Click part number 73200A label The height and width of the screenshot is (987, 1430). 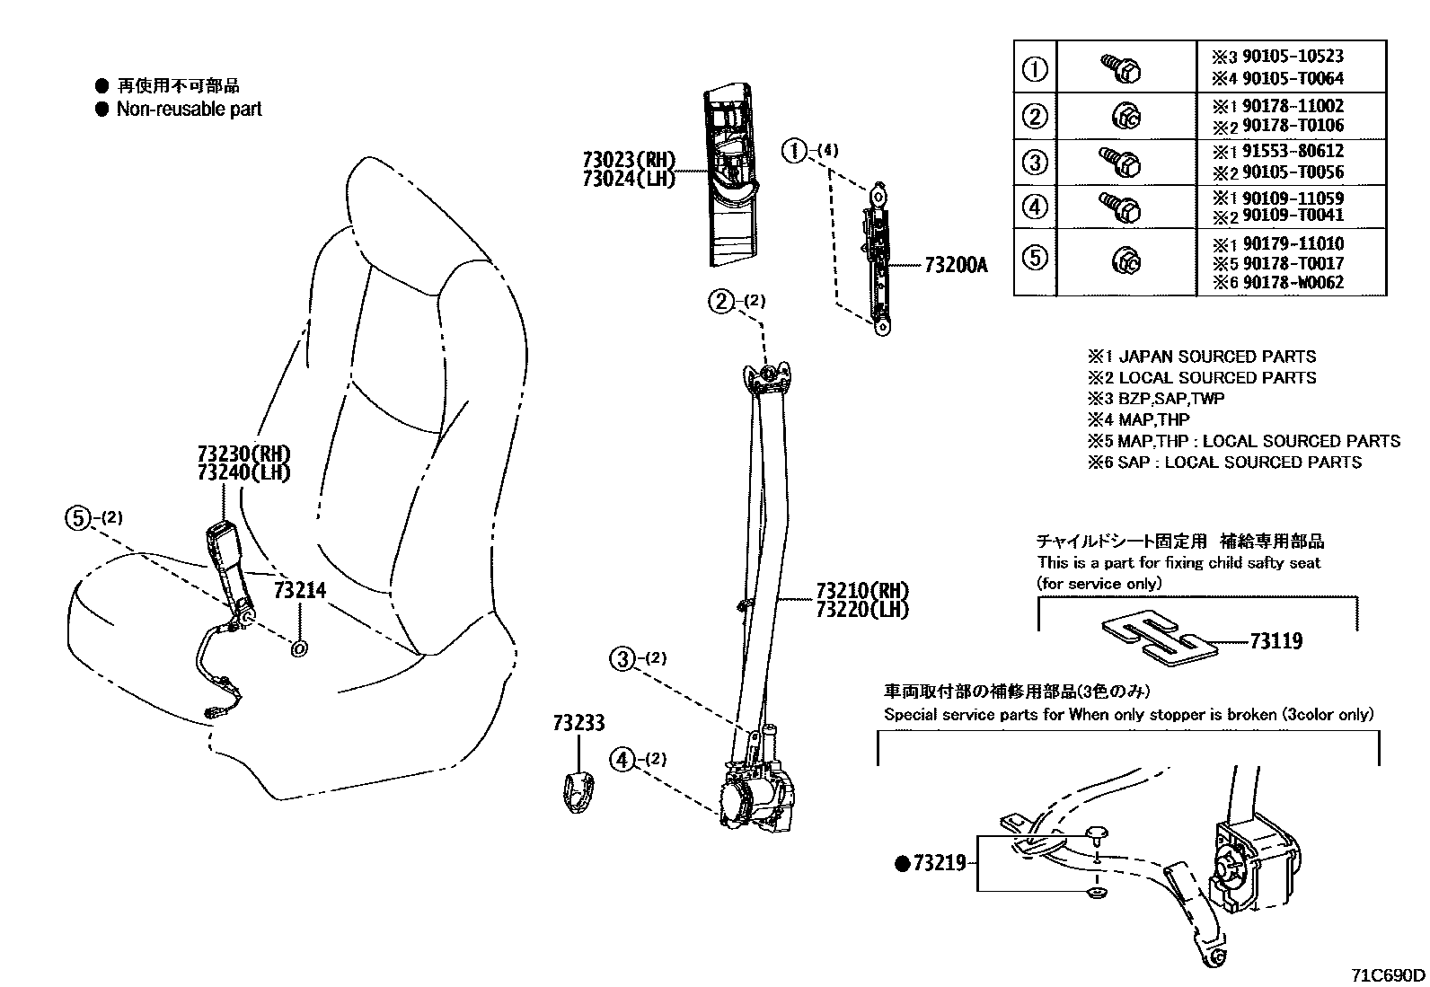(x=956, y=265)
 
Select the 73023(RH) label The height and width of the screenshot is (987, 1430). (x=627, y=159)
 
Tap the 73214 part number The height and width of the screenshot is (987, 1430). (x=299, y=590)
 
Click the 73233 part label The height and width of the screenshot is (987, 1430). (x=578, y=723)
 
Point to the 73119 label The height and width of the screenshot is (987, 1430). (x=1275, y=641)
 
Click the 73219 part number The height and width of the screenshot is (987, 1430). (x=939, y=863)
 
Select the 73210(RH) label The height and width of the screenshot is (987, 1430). (x=862, y=591)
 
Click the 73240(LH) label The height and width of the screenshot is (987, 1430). (x=244, y=472)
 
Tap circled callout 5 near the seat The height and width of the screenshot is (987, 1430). (x=79, y=517)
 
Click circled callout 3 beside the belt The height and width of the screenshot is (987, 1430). (x=622, y=659)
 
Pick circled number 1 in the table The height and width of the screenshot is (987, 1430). (x=1036, y=68)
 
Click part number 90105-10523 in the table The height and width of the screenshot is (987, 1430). (x=1293, y=56)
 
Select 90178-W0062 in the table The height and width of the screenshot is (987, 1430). (x=1293, y=283)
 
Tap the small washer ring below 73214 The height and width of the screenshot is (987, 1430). (x=300, y=648)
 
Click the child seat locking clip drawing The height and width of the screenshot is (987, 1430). (x=1156, y=639)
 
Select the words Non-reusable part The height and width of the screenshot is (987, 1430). (x=189, y=109)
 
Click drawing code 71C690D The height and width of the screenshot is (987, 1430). (x=1389, y=974)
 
